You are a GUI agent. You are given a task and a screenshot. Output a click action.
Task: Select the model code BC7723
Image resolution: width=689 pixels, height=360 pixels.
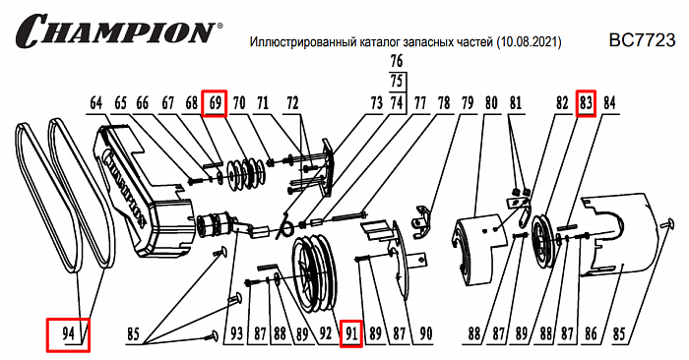[x=642, y=41]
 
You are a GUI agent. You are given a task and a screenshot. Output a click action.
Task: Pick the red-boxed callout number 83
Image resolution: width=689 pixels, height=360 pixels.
[x=586, y=102]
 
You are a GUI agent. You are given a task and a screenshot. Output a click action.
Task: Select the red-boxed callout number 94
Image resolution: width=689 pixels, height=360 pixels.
[x=68, y=334]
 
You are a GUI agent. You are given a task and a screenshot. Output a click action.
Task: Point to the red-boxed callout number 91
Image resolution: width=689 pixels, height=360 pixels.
[x=350, y=334]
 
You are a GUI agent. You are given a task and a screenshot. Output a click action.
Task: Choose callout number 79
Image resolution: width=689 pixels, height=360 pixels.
[x=466, y=103]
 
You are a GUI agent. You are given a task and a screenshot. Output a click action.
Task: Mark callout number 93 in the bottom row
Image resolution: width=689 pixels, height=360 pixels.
[x=235, y=334]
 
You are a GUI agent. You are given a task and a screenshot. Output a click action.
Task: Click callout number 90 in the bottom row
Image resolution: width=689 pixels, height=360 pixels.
[x=425, y=334]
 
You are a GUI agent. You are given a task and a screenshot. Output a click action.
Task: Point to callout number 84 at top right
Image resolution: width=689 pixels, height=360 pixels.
[x=609, y=103]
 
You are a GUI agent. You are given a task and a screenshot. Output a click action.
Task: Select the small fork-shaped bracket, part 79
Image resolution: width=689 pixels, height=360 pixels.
[x=423, y=222]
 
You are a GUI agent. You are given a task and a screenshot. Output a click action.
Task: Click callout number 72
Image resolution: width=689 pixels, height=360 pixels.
[x=292, y=103]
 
